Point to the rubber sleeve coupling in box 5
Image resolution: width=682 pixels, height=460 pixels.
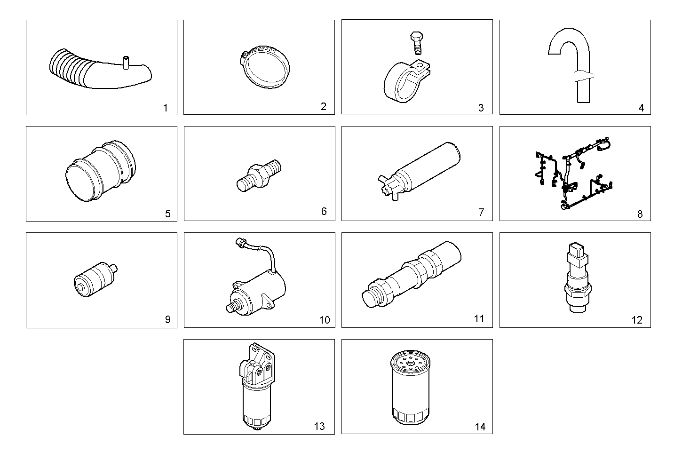101,172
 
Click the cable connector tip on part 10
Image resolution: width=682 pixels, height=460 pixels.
239,242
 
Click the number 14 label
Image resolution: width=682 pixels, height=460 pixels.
480,427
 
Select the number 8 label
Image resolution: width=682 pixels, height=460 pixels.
640,214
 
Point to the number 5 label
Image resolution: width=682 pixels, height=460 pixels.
167,214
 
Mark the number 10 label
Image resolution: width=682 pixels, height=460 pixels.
325,320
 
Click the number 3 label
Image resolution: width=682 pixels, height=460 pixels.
481,108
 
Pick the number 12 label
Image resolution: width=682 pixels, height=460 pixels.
636,320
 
